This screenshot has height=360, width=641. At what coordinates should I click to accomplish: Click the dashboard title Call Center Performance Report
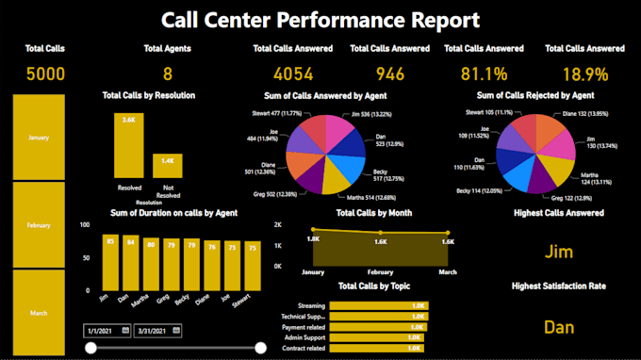(x=320, y=20)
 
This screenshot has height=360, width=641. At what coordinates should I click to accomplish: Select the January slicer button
(x=39, y=138)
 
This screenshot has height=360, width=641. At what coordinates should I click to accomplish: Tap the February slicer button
(x=39, y=226)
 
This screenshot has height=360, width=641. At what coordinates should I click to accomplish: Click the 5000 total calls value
(x=39, y=74)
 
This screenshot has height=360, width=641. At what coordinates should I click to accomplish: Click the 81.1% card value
(x=484, y=74)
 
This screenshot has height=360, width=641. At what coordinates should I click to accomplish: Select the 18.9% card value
(x=583, y=74)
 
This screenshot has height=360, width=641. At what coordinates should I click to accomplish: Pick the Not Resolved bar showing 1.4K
(x=168, y=166)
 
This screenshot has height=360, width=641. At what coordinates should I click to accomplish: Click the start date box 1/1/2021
(x=105, y=330)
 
